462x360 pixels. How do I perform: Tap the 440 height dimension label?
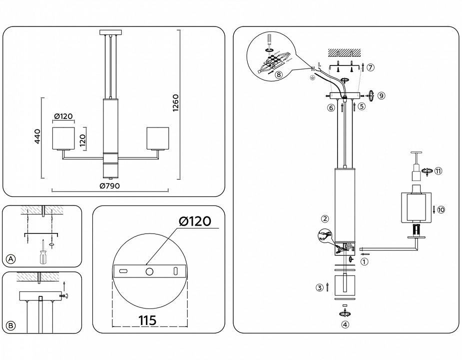tap(37, 136)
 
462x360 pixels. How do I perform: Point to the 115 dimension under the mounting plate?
tap(149, 320)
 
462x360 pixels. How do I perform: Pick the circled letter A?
tap(11, 258)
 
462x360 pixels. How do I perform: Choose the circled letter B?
tap(11, 325)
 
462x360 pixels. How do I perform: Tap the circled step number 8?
tap(278, 74)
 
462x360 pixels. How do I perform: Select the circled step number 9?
tap(381, 95)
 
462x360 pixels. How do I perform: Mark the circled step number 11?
tap(438, 171)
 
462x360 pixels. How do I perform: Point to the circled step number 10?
tap(441, 209)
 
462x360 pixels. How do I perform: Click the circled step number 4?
tap(345, 324)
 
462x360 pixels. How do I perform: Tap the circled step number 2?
tap(325, 218)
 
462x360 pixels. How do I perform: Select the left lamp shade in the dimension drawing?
tap(64, 138)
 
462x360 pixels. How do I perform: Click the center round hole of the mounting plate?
tap(149, 271)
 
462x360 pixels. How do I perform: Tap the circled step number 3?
tap(319, 287)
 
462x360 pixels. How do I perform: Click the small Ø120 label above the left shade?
tap(63, 116)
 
